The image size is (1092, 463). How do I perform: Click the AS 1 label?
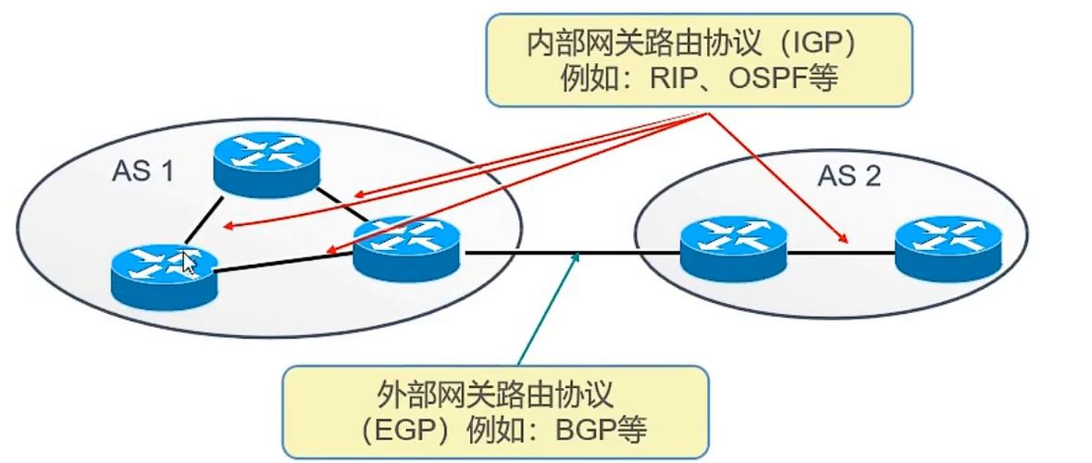(x=143, y=171)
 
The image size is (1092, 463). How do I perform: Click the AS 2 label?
(x=849, y=176)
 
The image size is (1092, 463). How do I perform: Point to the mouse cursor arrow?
(x=190, y=262)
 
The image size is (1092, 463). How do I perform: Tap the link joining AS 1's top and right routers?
(x=342, y=204)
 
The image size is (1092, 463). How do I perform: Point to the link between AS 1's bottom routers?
(x=282, y=264)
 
